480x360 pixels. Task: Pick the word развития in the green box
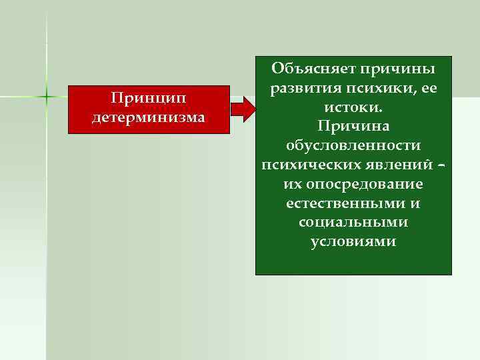(x=301, y=89)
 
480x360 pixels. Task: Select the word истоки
(x=353, y=107)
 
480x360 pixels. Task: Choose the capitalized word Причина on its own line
(x=353, y=126)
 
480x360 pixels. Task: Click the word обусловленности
(x=353, y=145)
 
